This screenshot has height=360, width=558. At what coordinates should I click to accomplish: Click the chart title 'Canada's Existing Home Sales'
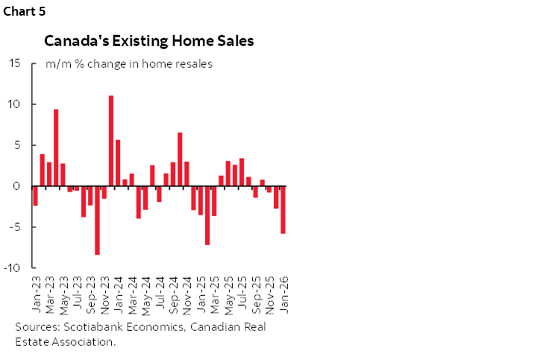click(x=148, y=41)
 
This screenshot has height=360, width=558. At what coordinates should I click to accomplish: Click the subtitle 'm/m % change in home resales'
click(x=129, y=64)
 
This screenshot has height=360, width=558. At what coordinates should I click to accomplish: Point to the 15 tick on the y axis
click(x=15, y=63)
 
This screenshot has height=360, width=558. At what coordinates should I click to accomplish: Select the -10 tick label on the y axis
click(x=13, y=268)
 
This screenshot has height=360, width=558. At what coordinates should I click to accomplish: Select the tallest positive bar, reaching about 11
click(x=111, y=141)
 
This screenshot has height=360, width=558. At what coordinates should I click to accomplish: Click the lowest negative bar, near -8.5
click(x=97, y=221)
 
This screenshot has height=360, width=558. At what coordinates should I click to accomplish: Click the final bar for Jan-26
click(x=283, y=210)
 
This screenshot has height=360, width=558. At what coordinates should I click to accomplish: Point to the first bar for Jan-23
click(x=35, y=196)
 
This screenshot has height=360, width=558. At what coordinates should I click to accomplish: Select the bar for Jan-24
click(x=118, y=163)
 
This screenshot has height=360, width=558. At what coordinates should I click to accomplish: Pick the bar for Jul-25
click(x=242, y=172)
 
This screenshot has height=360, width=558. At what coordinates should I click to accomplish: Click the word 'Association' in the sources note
click(x=80, y=341)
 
